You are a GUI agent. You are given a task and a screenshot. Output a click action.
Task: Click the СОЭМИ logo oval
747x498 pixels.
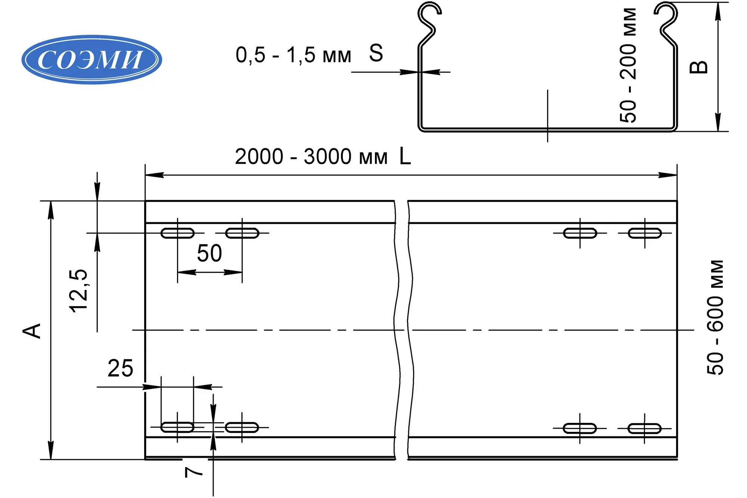click(92, 59)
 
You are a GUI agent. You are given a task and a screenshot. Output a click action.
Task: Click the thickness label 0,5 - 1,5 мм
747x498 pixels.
click(293, 55)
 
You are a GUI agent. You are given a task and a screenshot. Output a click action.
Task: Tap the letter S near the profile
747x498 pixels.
click(376, 53)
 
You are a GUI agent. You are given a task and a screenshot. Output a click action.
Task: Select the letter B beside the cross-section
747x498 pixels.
click(698, 67)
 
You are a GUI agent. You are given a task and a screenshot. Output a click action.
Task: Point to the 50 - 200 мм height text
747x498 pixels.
click(628, 65)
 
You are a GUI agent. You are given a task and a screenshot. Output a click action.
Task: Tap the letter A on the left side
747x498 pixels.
click(32, 331)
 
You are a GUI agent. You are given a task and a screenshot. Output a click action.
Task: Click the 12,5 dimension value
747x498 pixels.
click(78, 291)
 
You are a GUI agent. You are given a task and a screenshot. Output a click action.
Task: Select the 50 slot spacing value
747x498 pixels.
click(209, 253)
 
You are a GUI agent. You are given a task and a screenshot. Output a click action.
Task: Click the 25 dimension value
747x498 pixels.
click(120, 368)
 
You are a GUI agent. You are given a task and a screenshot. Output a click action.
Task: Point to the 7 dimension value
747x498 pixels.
click(194, 473)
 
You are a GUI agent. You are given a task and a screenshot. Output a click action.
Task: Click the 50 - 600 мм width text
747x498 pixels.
click(715, 318)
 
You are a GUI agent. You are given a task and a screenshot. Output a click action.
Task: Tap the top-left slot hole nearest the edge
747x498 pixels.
click(177, 233)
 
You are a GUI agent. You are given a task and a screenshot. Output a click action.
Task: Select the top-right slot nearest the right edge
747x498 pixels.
click(645, 233)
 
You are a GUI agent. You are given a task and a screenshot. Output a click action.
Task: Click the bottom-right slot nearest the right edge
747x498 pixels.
click(645, 428)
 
